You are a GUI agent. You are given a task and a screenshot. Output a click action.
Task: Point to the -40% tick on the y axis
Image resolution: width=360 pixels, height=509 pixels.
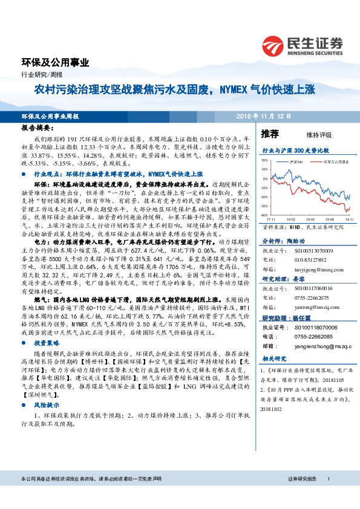(265, 215)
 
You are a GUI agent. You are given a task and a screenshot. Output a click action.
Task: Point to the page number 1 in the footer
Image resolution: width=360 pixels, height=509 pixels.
(327, 496)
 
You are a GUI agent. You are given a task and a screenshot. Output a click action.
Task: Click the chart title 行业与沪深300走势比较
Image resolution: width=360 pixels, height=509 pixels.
(295, 149)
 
